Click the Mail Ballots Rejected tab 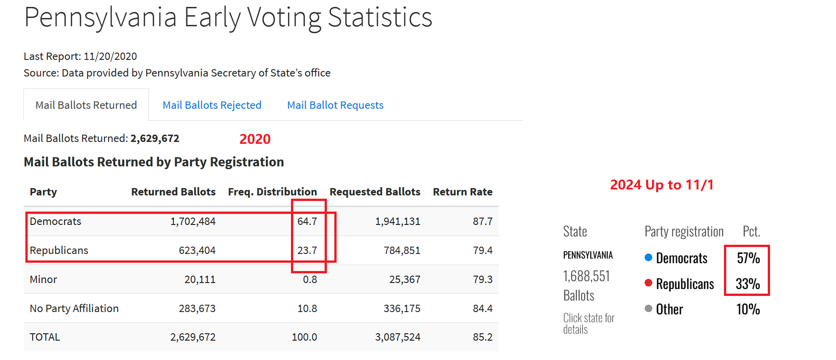coord(212,105)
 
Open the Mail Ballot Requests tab coord(335,105)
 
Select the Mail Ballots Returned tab coord(86,105)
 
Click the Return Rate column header coord(462,192)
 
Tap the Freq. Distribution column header coord(272,192)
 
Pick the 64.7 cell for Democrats coord(307,221)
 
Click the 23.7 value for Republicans coord(307,250)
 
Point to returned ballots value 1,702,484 coord(193,221)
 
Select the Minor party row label coord(43,279)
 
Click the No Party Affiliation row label coord(74,308)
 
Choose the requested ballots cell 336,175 coord(402,308)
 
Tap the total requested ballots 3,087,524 coord(397,337)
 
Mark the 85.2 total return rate coord(482,337)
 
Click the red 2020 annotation coord(255,139)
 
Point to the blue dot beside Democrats coord(648,258)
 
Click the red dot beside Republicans coord(648,283)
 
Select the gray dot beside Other coord(648,308)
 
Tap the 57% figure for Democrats coord(748,258)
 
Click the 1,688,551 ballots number coord(587,276)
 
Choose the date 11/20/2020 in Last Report coord(110,56)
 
